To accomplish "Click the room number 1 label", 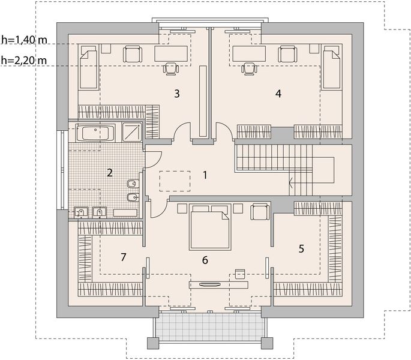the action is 205,175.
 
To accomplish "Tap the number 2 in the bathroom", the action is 110,173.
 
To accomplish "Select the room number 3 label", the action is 177,94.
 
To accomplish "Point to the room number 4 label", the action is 278,94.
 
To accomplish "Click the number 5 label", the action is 301,248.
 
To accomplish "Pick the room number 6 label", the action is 205,260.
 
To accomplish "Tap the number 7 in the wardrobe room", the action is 124,257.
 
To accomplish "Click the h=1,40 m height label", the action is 24,40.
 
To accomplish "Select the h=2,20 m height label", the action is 24,61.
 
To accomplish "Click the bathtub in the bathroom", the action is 95,133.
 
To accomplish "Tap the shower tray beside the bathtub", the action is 132,133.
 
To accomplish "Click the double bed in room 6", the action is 210,226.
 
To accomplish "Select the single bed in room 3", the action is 89,67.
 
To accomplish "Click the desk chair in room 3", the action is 171,69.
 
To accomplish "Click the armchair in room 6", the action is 260,212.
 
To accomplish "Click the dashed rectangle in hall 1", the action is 175,181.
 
